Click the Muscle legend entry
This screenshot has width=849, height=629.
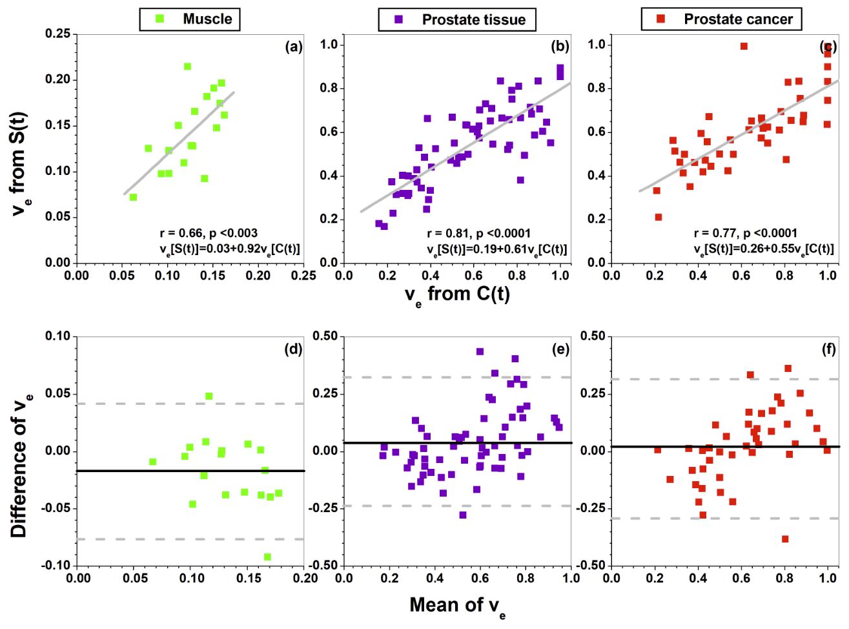[190, 19]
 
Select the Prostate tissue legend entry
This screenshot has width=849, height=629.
[457, 19]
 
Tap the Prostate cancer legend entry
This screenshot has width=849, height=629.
[721, 19]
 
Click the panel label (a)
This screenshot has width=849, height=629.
[294, 46]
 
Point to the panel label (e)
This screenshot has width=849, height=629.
[560, 349]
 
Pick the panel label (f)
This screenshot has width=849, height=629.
[828, 349]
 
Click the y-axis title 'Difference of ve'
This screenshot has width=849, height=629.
[20, 460]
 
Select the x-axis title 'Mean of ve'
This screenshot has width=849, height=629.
[458, 606]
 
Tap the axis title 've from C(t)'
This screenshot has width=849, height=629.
[457, 294]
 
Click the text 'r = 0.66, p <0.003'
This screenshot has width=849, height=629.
[209, 233]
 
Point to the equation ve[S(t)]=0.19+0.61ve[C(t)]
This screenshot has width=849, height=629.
[496, 249]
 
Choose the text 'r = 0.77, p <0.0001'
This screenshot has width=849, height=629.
[746, 233]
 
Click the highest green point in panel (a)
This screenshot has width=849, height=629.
[187, 67]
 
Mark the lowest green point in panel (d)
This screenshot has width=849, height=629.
[267, 557]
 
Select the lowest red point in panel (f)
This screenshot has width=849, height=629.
[785, 539]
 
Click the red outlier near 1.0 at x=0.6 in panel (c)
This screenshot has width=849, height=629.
[744, 46]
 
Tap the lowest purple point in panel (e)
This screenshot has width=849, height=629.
[463, 515]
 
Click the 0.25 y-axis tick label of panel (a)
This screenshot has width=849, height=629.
[58, 34]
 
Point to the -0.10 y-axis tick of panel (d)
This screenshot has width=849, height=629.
[57, 566]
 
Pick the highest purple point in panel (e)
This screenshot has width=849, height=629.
[480, 352]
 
